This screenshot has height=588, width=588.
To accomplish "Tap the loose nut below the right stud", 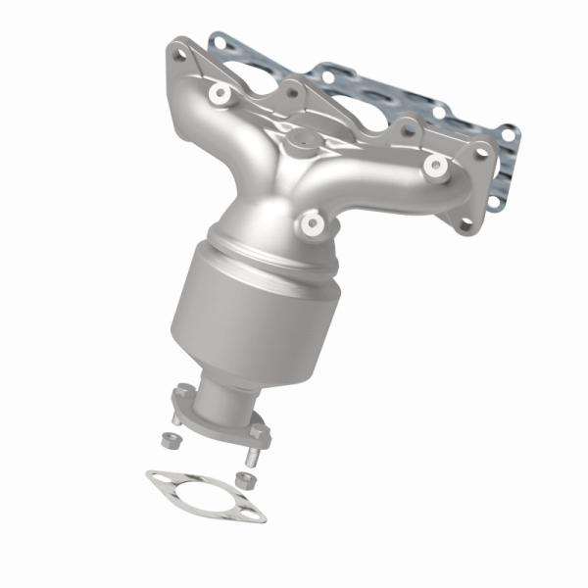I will [247, 479].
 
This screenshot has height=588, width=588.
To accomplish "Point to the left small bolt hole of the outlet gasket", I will [157, 479].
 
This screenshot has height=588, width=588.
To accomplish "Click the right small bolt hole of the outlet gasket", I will [255, 513].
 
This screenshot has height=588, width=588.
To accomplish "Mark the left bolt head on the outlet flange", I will [182, 393].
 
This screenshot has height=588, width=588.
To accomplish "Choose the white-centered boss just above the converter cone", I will [314, 224].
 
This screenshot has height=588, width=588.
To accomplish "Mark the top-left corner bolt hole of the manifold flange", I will [179, 54].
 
